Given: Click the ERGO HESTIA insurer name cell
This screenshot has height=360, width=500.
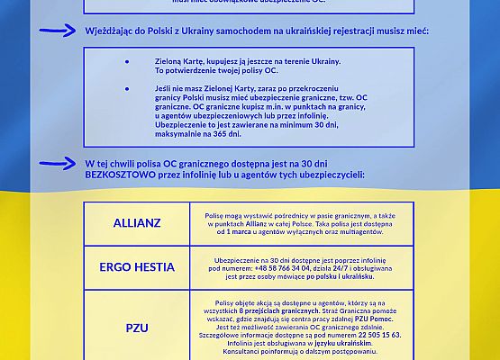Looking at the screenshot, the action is [x=136, y=267].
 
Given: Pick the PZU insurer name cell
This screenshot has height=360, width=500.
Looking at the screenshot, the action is [x=136, y=328].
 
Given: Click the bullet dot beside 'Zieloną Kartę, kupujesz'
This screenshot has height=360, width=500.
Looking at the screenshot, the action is [x=127, y=62].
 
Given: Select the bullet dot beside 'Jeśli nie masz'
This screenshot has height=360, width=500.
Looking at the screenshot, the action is [x=127, y=89].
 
